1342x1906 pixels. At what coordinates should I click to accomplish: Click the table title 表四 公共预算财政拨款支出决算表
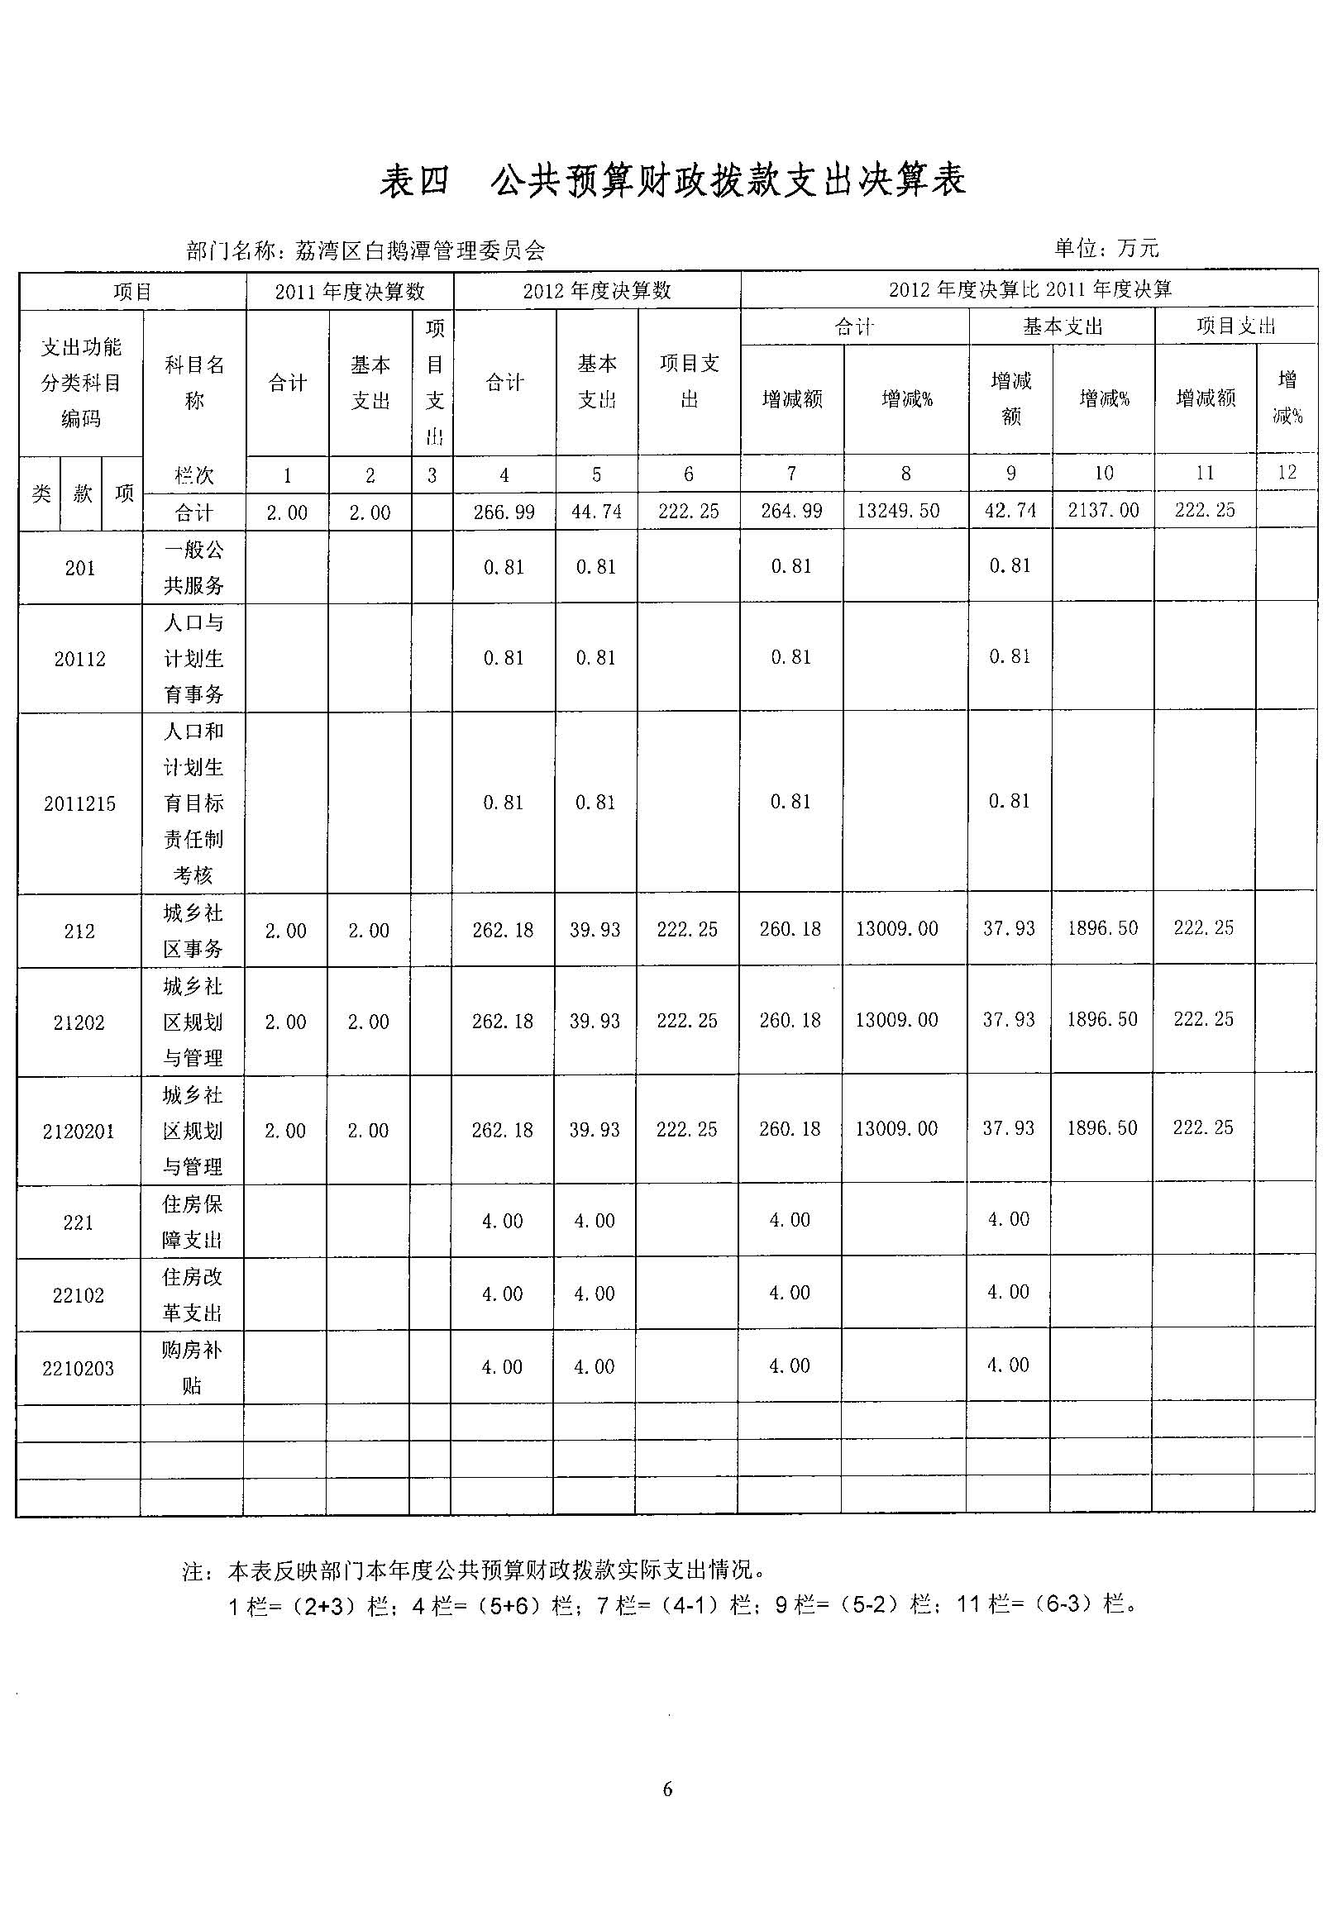673,181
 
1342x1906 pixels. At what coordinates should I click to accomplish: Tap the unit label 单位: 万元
1106,247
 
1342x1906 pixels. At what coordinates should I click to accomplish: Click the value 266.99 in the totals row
504,512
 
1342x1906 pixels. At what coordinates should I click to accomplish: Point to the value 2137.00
1103,511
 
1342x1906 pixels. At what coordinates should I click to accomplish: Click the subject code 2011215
79,803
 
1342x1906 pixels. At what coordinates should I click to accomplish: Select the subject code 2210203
78,1368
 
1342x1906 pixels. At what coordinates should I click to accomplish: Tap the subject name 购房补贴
192,1367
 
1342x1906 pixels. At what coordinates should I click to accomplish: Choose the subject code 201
79,569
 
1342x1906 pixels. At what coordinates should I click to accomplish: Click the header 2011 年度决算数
350,292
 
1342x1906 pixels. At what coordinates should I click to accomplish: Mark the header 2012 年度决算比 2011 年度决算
1029,290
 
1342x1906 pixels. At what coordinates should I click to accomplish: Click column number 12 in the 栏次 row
1287,472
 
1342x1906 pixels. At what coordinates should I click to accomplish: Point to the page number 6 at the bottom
667,1789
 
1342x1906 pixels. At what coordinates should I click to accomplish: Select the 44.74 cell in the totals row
596,512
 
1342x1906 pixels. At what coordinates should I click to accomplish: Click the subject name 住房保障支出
192,1222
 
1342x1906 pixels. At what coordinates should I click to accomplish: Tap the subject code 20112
79,659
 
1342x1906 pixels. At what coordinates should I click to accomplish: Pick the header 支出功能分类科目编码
81,383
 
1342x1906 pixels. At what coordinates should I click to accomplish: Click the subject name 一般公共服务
193,568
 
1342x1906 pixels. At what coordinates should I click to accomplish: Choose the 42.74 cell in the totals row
1010,511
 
